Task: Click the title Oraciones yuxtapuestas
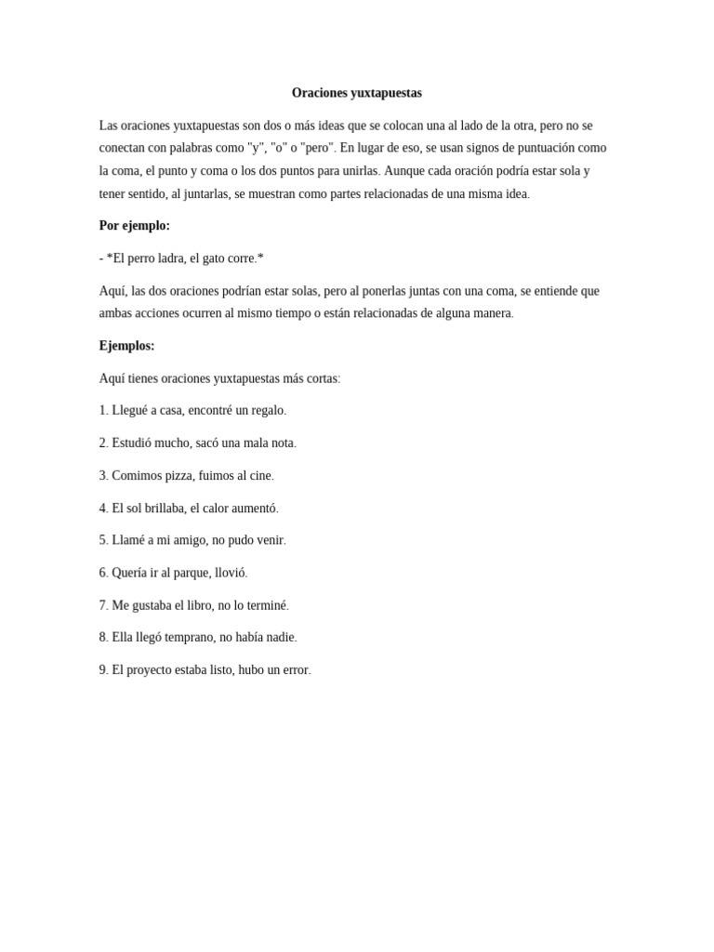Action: pyautogui.click(x=356, y=93)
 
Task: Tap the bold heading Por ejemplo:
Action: pyautogui.click(x=134, y=226)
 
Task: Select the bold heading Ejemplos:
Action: pyautogui.click(x=126, y=346)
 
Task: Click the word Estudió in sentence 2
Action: pyautogui.click(x=133, y=443)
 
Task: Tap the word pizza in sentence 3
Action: pyautogui.click(x=182, y=476)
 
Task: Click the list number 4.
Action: pyautogui.click(x=103, y=509)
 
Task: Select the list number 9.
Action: pyautogui.click(x=103, y=670)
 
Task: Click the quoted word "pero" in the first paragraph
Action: pyautogui.click(x=317, y=148)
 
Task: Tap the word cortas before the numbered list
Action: pyautogui.click(x=321, y=378)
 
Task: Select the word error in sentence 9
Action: pyautogui.click(x=296, y=670)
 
